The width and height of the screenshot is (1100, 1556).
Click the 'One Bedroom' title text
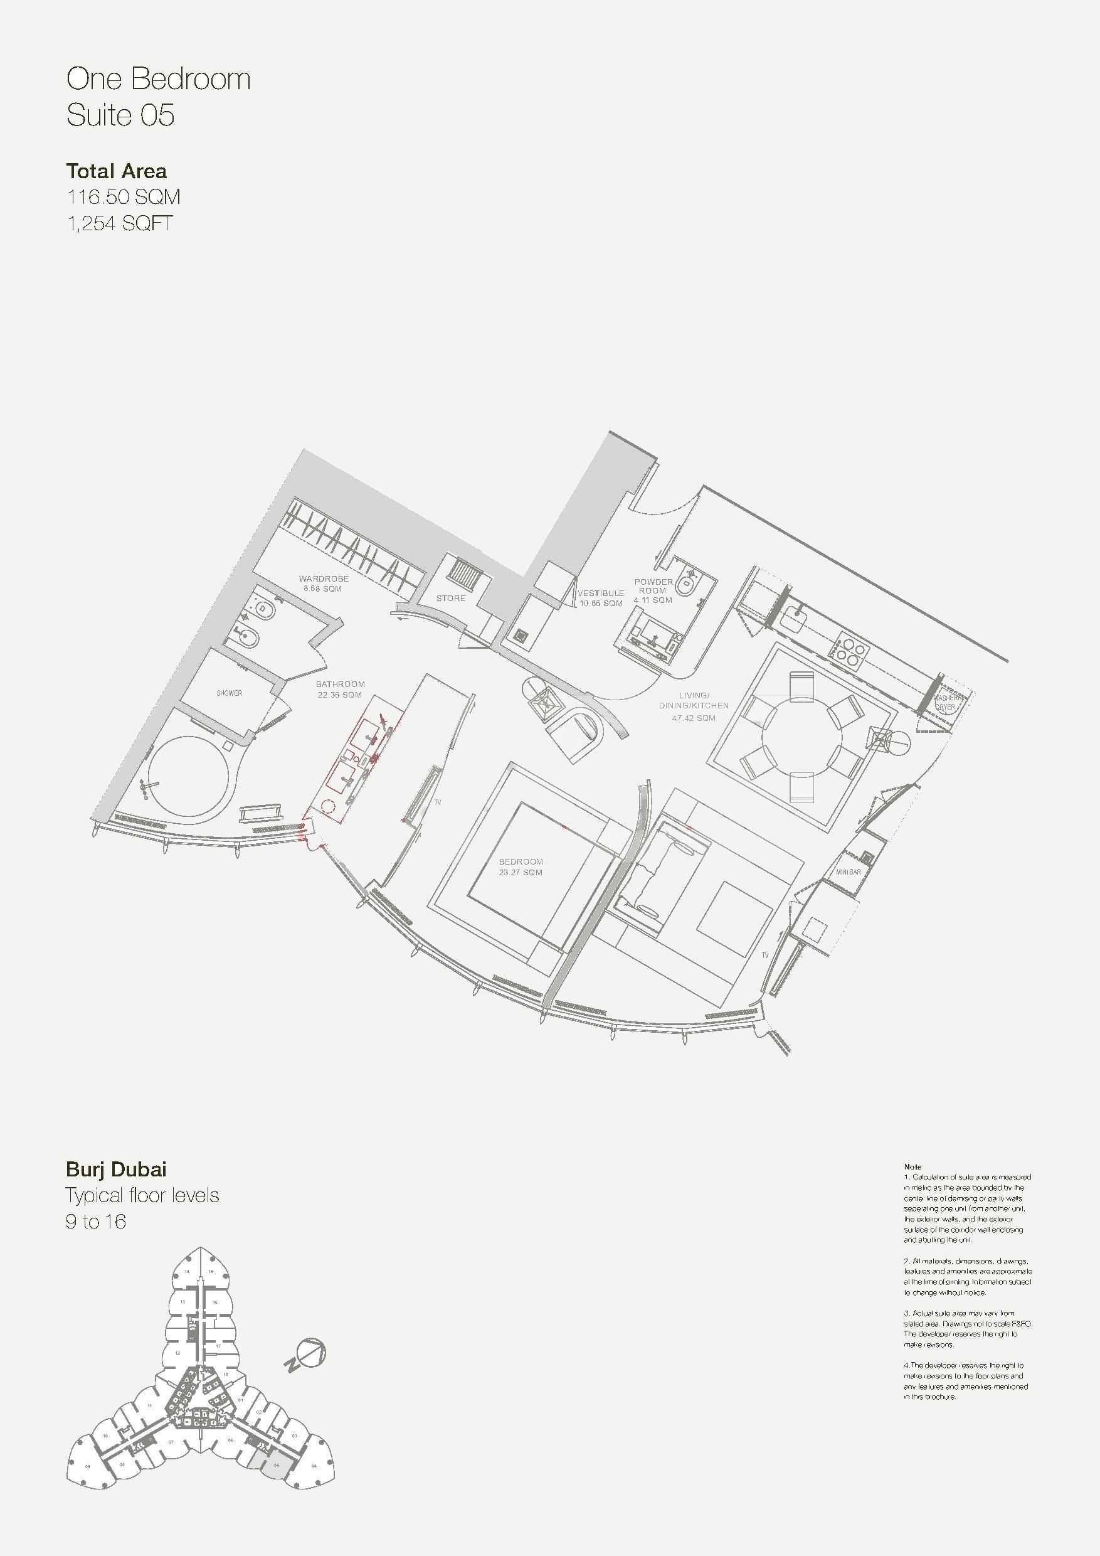(159, 79)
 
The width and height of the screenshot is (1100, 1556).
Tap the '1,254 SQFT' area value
(119, 223)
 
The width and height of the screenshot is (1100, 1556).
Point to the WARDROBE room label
(324, 583)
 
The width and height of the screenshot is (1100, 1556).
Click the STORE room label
(450, 599)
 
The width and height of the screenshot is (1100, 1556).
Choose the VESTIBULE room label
(601, 598)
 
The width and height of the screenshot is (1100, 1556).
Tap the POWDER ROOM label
(653, 590)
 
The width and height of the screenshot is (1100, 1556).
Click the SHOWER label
(229, 693)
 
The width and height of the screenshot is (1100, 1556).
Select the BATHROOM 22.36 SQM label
(340, 690)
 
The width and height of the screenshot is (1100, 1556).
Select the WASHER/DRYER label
(945, 702)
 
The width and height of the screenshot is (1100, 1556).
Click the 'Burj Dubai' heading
(116, 1169)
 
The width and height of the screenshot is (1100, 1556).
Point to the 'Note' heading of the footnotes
(912, 1166)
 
